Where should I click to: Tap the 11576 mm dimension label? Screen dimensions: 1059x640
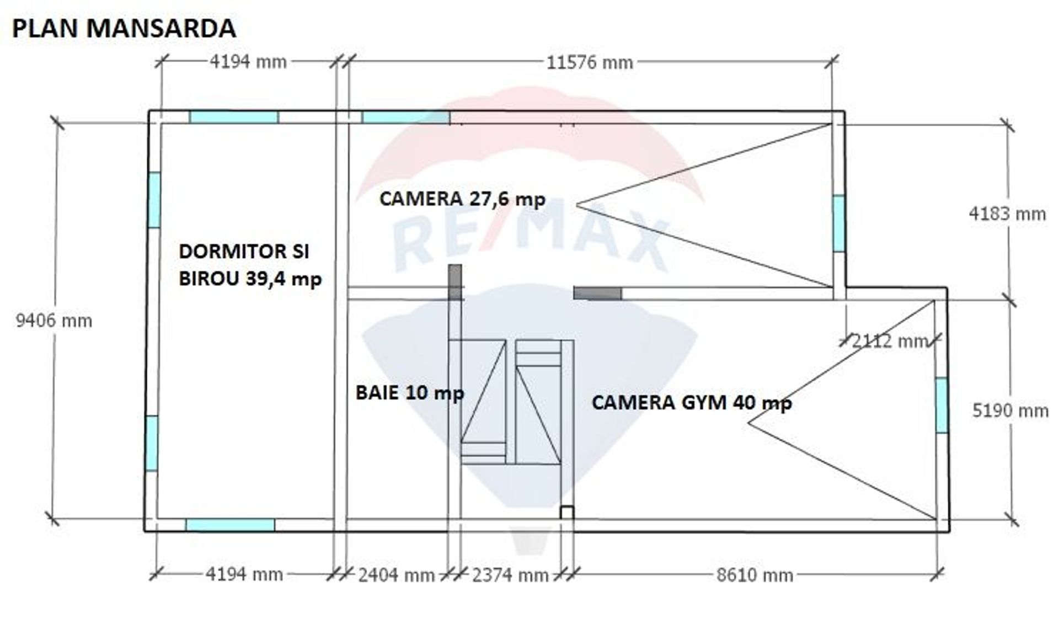click(x=590, y=62)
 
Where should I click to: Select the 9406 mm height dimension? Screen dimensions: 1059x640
click(x=54, y=321)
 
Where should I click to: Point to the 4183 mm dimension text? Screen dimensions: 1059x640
click(x=1007, y=214)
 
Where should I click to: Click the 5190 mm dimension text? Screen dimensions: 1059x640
click(x=1010, y=410)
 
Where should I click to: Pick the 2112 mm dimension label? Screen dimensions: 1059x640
click(x=890, y=341)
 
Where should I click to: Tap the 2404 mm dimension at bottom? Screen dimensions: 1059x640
click(x=396, y=575)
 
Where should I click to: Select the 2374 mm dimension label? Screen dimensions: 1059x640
click(x=510, y=575)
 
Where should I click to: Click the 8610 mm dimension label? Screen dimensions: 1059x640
click(x=755, y=575)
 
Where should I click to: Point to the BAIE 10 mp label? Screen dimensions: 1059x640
click(x=410, y=393)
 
